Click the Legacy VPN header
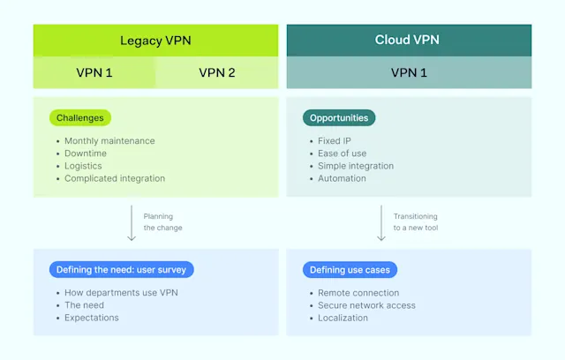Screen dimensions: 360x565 [155, 41]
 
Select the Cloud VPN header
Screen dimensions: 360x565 [409, 40]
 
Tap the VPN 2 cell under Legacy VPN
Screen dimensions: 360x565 [217, 72]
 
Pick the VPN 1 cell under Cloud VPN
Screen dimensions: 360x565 [409, 72]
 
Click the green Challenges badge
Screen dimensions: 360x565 [80, 117]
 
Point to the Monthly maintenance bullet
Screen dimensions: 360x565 [109, 141]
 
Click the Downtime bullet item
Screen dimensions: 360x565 [86, 154]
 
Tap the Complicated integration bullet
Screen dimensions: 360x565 [115, 178]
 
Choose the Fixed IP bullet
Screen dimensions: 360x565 [335, 141]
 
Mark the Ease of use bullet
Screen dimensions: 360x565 [343, 154]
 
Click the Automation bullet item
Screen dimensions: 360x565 [342, 178]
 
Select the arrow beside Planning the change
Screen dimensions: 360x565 [131, 222]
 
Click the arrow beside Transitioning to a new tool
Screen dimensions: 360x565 [381, 222]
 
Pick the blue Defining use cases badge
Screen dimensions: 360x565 [346, 269]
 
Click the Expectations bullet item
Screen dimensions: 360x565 [91, 318]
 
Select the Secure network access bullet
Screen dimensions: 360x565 [366, 305]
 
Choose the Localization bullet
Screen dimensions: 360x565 [343, 318]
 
